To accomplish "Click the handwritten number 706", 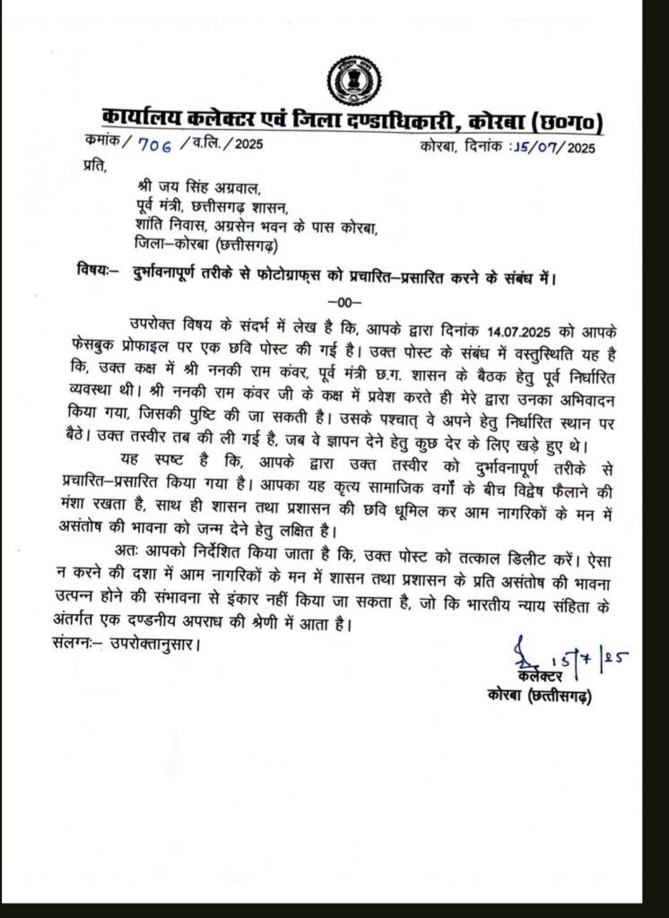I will tap(143, 143).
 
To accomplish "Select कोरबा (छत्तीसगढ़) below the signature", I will tap(538, 696).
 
